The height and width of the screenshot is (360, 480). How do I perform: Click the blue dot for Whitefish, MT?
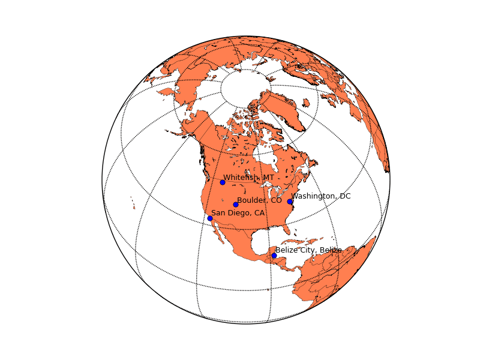223,182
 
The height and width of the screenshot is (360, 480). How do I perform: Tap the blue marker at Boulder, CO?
236,205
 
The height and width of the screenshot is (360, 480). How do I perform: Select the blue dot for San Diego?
210,218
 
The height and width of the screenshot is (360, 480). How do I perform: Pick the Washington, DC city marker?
290,202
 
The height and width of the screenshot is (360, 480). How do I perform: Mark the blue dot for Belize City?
274,256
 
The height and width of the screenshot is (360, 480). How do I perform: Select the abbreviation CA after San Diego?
259,213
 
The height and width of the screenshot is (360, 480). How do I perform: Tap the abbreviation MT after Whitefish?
268,178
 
